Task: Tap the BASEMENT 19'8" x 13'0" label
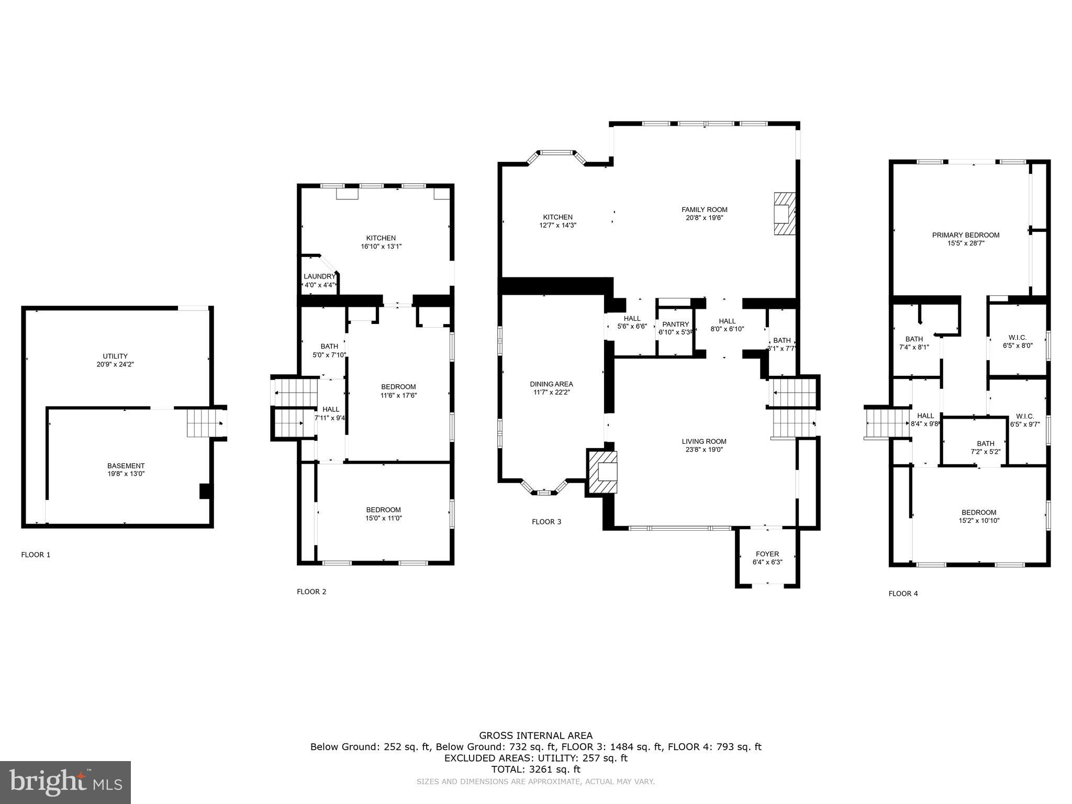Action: [126, 470]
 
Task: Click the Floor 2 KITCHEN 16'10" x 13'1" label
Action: [381, 242]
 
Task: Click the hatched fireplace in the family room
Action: [784, 214]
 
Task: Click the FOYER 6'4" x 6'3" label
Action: [767, 558]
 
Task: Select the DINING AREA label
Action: [551, 388]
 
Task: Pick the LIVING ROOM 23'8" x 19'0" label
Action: [704, 445]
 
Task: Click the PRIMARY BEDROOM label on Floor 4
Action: [966, 239]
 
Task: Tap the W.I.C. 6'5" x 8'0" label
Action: [1018, 341]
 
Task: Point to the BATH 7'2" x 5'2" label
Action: [985, 448]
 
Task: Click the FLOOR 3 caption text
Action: [546, 522]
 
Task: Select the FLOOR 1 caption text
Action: [36, 555]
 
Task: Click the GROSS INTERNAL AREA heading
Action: [535, 735]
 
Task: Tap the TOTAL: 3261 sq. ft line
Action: [535, 769]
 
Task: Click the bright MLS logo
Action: [65, 781]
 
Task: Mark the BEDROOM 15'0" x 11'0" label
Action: [383, 514]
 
